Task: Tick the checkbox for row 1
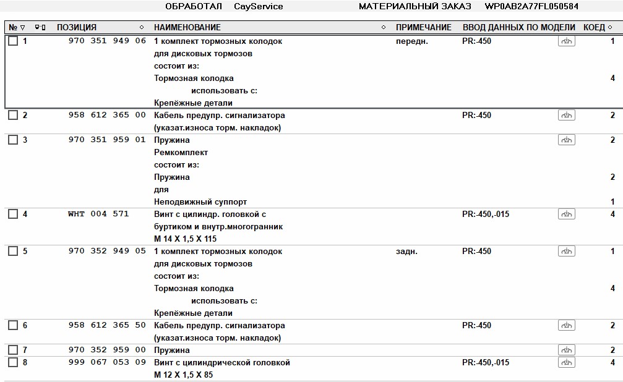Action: pyautogui.click(x=13, y=41)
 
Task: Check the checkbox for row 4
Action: pyautogui.click(x=13, y=214)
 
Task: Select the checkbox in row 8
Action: pyautogui.click(x=13, y=363)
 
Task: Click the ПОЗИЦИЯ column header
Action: pyautogui.click(x=77, y=28)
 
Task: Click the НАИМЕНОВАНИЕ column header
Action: pyautogui.click(x=187, y=28)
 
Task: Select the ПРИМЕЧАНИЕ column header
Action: pyautogui.click(x=423, y=28)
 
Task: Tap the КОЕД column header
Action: pyautogui.click(x=594, y=28)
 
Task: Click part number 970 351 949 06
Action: pyautogui.click(x=107, y=41)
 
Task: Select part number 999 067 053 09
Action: pyautogui.click(x=107, y=363)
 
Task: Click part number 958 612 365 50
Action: pyautogui.click(x=107, y=326)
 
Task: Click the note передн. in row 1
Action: pyautogui.click(x=411, y=41)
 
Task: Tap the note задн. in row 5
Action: pyautogui.click(x=406, y=252)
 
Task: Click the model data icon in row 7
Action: pyautogui.click(x=566, y=350)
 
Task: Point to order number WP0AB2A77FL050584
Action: pyautogui.click(x=531, y=7)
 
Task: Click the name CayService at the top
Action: pyautogui.click(x=258, y=7)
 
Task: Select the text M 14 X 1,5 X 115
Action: pyautogui.click(x=185, y=239)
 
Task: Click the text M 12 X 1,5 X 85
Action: pyautogui.click(x=183, y=375)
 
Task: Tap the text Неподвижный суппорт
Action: pyautogui.click(x=200, y=202)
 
